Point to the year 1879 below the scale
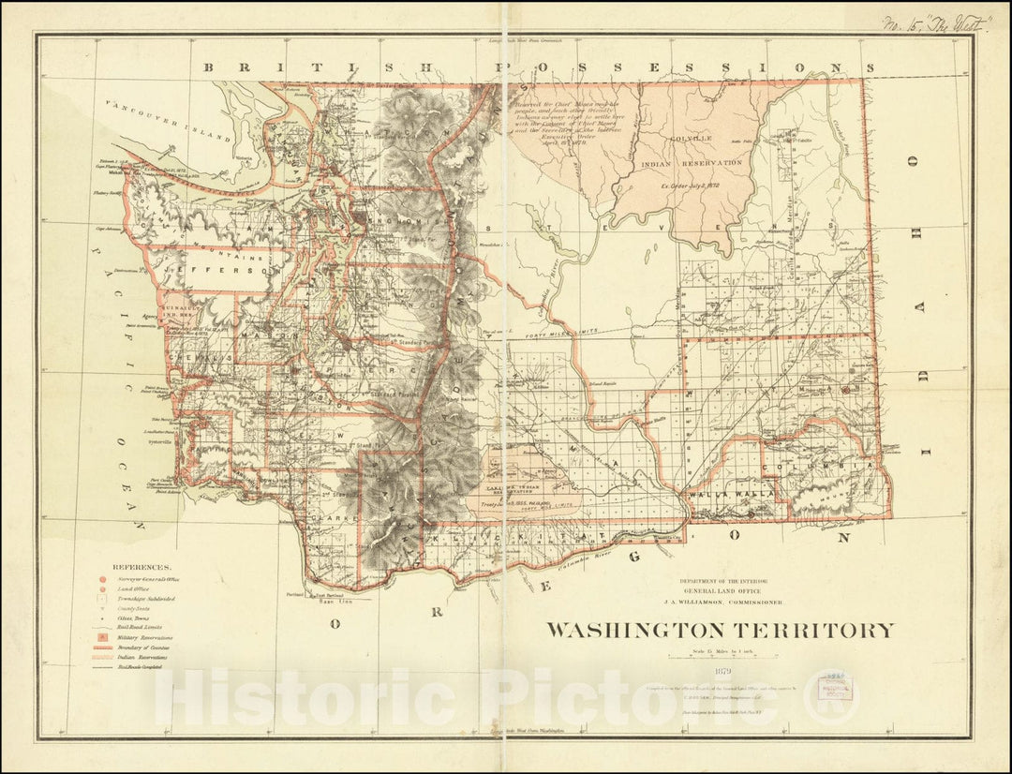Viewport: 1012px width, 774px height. point(722,670)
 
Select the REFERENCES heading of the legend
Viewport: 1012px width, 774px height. point(141,567)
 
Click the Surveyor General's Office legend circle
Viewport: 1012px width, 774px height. point(101,579)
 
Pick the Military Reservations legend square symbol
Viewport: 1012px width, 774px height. point(101,637)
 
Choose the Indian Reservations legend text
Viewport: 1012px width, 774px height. point(144,658)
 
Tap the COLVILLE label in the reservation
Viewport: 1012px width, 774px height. point(691,138)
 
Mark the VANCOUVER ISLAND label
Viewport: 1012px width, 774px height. point(168,120)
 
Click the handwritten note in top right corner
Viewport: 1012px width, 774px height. point(937,23)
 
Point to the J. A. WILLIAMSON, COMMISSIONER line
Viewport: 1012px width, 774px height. point(722,603)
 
